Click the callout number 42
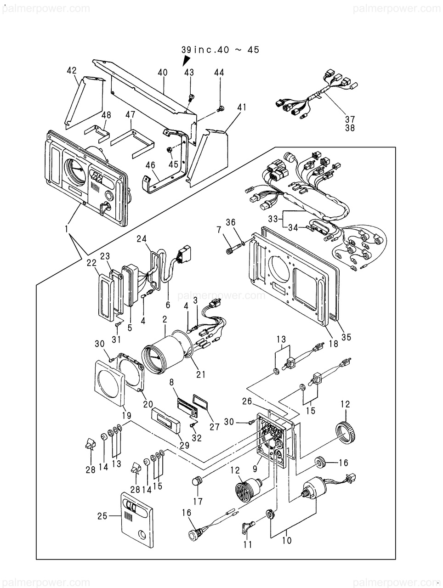pyautogui.click(x=71, y=70)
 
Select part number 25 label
pyautogui.click(x=102, y=516)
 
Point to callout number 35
pyautogui.click(x=346, y=337)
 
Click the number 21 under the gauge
pyautogui.click(x=201, y=374)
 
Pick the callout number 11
pyautogui.click(x=248, y=545)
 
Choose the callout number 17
pyautogui.click(x=198, y=502)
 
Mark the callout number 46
pyautogui.click(x=151, y=165)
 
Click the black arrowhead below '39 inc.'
pyautogui.click(x=186, y=61)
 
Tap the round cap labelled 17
pyautogui.click(x=197, y=481)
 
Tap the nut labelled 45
pyautogui.click(x=170, y=149)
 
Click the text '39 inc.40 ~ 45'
pyautogui.click(x=220, y=49)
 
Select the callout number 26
pyautogui.click(x=247, y=401)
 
